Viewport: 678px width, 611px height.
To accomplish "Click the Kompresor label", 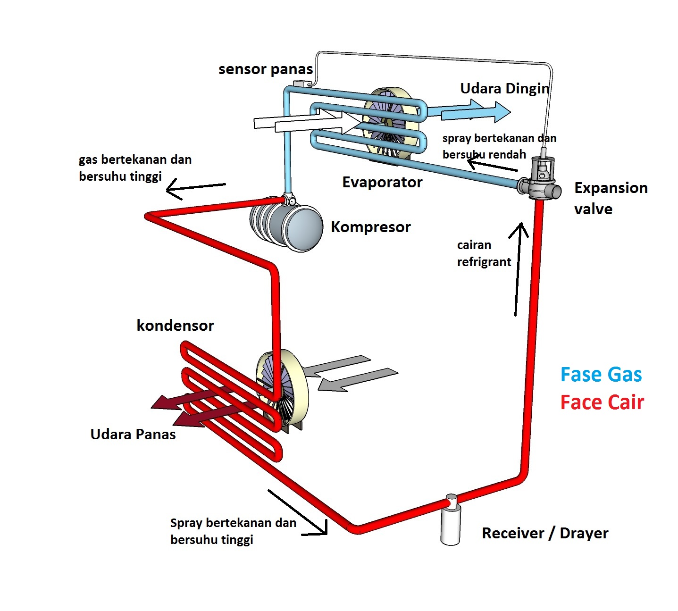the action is point(371,227).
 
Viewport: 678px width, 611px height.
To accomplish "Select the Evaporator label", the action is point(382,183).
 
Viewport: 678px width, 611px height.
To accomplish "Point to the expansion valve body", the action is point(539,179).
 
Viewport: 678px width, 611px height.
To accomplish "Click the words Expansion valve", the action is point(611,199).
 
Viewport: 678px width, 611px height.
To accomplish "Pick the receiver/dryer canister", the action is point(451,520).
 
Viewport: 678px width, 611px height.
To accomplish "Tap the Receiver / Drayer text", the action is point(545,533).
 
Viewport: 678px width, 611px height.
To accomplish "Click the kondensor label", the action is point(175,325).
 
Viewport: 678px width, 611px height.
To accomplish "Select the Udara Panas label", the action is point(133,435).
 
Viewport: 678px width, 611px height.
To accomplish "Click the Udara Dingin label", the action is point(505,89).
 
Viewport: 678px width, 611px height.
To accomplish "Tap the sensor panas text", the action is point(266,69).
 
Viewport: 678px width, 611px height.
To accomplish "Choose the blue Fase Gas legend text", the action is point(601,375).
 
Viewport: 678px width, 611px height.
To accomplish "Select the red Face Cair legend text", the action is point(602,402).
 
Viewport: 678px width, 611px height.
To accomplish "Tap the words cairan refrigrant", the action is point(484,253).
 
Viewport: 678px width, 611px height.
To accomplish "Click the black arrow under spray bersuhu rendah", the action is point(492,166).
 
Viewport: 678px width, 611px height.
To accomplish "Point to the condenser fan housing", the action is point(283,391).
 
